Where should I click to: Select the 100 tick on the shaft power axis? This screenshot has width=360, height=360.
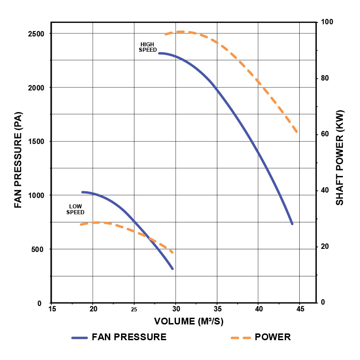[326, 22]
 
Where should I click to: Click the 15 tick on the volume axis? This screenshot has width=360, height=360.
[52, 309]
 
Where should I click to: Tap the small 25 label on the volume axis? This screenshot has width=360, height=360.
[134, 310]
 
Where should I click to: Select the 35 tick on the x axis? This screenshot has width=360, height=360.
[217, 309]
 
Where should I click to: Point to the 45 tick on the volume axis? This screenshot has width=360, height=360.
[300, 309]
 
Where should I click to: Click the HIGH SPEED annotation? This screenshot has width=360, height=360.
[148, 47]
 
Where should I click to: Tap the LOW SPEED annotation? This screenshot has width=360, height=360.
[75, 209]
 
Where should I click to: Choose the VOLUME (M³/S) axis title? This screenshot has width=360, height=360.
[189, 321]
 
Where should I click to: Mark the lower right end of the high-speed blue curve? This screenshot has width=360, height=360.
[292, 224]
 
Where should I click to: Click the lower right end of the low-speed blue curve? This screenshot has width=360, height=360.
[172, 269]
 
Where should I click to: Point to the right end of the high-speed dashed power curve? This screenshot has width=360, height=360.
[297, 132]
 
